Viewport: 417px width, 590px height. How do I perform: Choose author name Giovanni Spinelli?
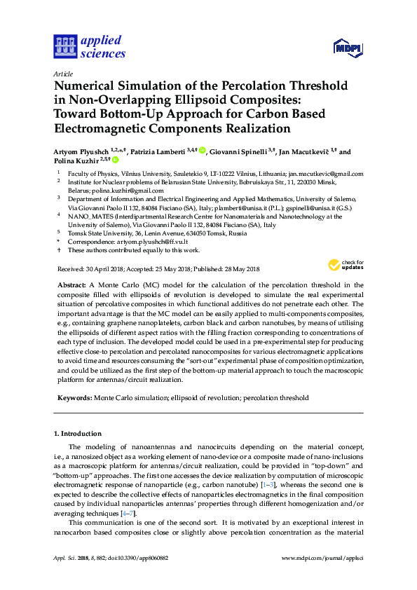point(239,151)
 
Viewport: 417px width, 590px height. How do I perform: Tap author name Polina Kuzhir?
point(73,160)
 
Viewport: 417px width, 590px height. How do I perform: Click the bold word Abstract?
point(71,285)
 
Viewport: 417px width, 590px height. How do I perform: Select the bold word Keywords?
point(74,398)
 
